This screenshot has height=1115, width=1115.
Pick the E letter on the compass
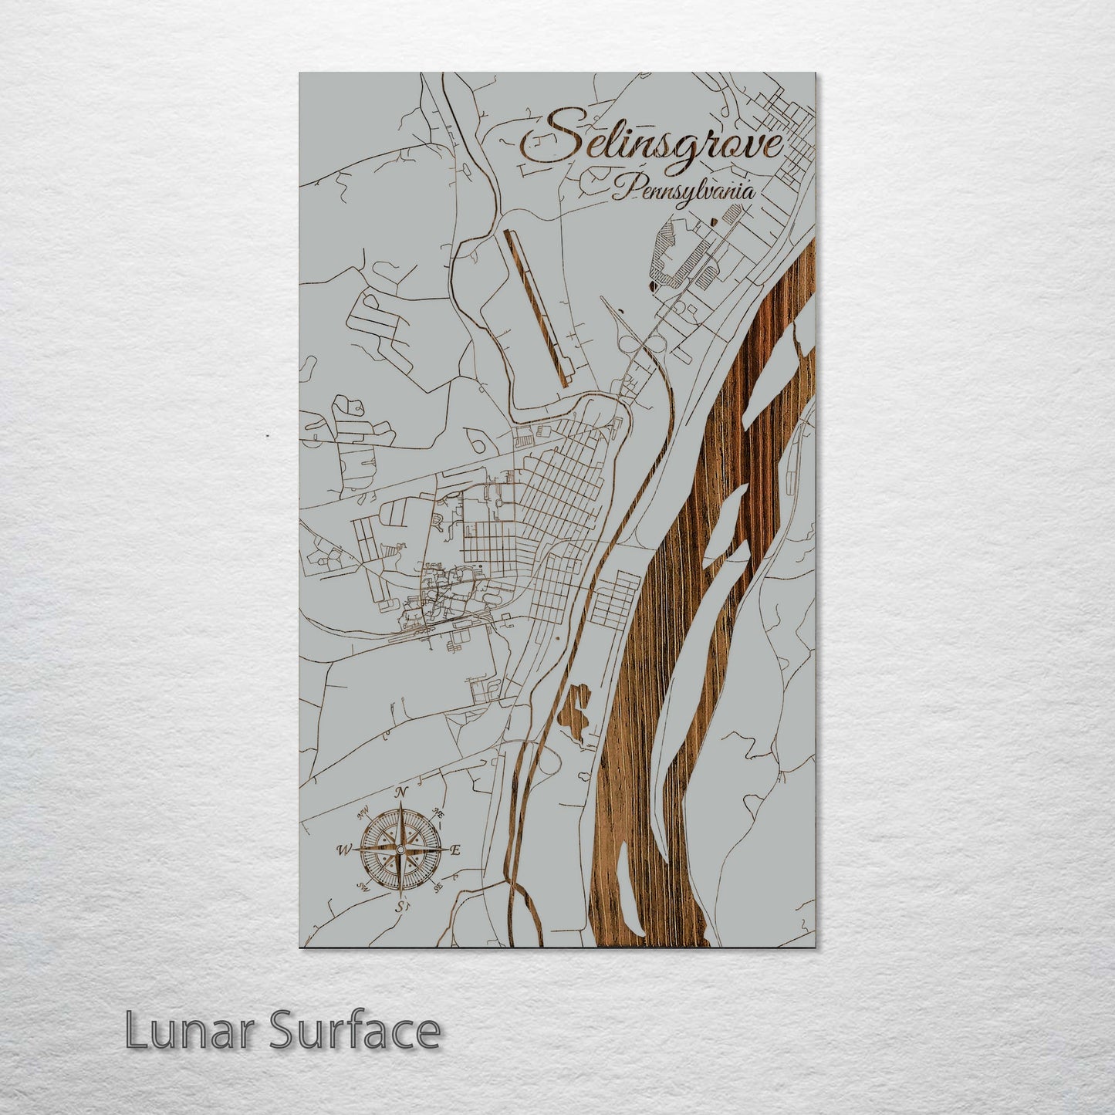[x=455, y=850]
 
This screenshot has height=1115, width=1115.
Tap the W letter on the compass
[x=343, y=850]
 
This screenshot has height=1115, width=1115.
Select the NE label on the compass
[x=440, y=813]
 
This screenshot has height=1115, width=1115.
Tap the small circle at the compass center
[x=400, y=850]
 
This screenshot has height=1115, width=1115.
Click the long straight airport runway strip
[x=537, y=309]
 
